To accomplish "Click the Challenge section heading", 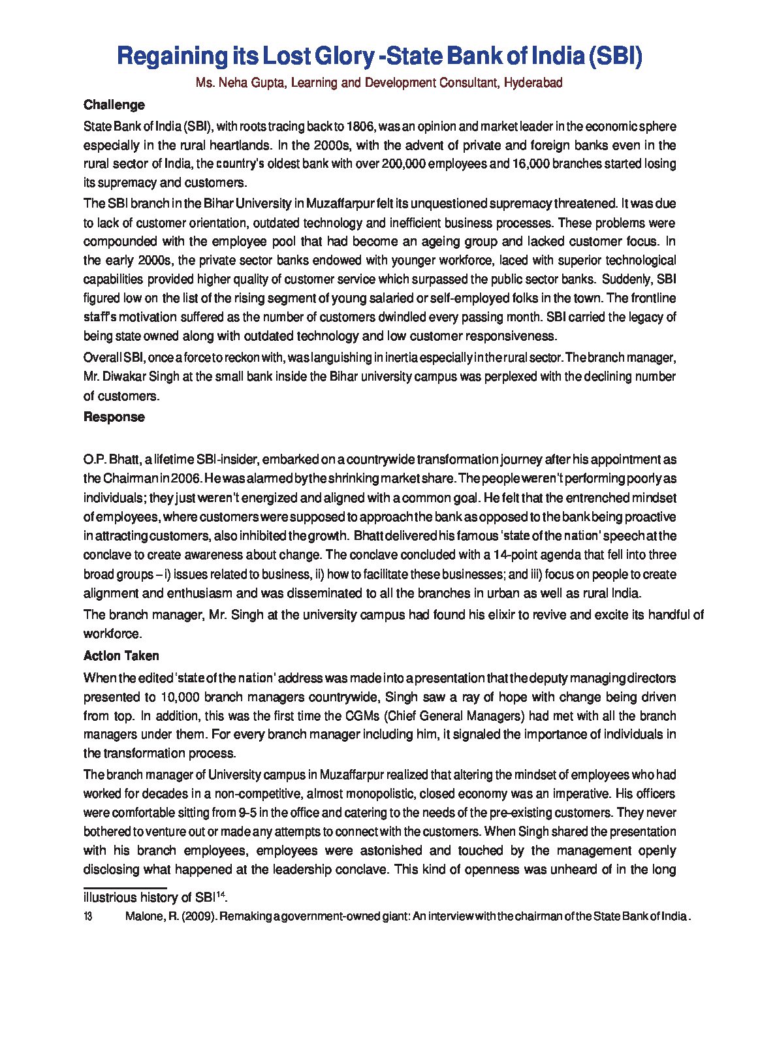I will point(114,105).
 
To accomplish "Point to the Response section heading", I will point(114,417).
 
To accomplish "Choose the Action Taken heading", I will point(121,656).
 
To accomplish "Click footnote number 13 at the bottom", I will point(88,917).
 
